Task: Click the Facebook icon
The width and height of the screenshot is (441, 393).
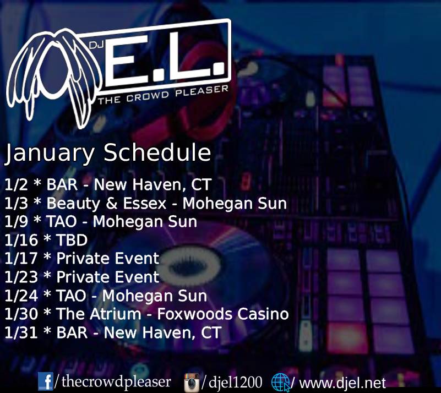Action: [x=45, y=381]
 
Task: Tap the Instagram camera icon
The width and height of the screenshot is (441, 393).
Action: [x=192, y=383]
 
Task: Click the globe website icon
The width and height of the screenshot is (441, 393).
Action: [x=281, y=383]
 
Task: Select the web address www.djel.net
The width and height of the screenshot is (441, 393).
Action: [x=342, y=383]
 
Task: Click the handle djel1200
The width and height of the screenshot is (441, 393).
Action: [x=236, y=382]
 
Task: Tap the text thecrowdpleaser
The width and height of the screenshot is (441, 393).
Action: [x=116, y=382]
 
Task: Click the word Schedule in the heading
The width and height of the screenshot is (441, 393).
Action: [x=157, y=152]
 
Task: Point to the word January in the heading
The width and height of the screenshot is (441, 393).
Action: [x=50, y=154]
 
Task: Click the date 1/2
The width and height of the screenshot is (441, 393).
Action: [x=16, y=185]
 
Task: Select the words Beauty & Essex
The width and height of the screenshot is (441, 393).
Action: [x=106, y=203]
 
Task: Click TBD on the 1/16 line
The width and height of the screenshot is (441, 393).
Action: [x=72, y=240]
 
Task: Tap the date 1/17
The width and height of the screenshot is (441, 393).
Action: [x=21, y=259]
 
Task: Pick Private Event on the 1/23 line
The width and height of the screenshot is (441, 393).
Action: [x=108, y=277]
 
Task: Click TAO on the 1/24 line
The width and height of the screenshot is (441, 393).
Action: [x=71, y=296]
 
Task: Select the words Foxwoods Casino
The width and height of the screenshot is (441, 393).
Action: [x=223, y=314]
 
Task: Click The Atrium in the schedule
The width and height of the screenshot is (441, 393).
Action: [x=99, y=314]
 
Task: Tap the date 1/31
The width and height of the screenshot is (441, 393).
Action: [x=21, y=332]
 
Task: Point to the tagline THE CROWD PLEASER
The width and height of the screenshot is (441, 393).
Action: [x=163, y=95]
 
